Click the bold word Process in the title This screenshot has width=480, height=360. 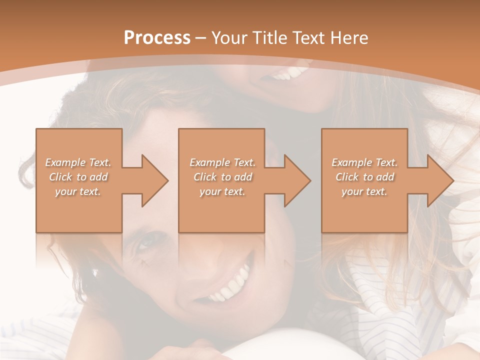[157, 38]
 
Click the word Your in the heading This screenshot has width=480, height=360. [230, 38]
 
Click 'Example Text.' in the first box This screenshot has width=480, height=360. [78, 162]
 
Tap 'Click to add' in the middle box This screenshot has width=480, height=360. [222, 177]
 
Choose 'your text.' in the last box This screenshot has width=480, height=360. [364, 191]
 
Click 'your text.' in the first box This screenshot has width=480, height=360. [78, 191]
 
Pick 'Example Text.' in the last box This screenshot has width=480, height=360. [364, 162]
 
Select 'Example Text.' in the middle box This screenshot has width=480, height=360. [222, 162]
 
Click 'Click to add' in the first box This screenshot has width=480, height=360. [78, 177]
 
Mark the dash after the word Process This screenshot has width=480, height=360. [201, 38]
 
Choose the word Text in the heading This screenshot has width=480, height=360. [308, 38]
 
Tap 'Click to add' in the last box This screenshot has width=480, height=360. [364, 177]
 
